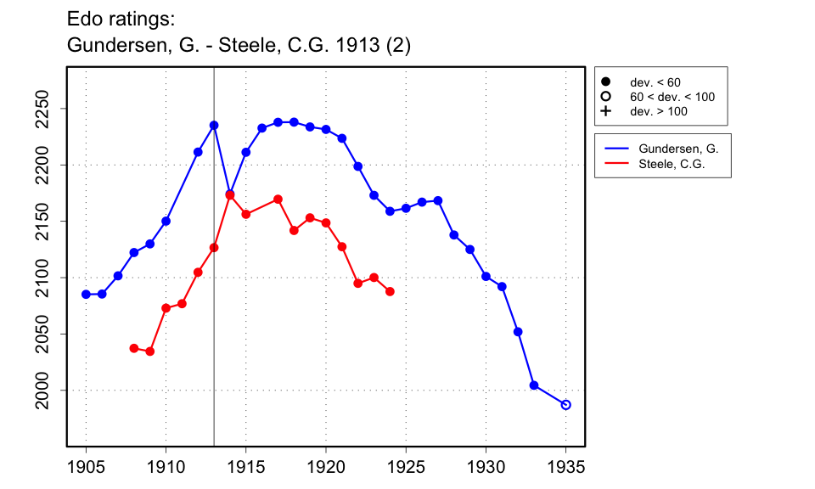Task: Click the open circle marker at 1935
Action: pyautogui.click(x=566, y=405)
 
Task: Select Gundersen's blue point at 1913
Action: pyautogui.click(x=214, y=125)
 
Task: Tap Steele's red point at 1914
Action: pyautogui.click(x=230, y=195)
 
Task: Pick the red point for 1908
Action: pyautogui.click(x=134, y=348)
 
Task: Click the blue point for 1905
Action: pyautogui.click(x=86, y=294)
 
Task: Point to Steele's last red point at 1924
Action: pyautogui.click(x=390, y=291)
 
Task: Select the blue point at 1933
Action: pyautogui.click(x=534, y=385)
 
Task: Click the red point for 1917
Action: pyautogui.click(x=278, y=199)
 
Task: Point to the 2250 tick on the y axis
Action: pyautogui.click(x=47, y=109)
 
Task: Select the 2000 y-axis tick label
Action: pyautogui.click(x=47, y=391)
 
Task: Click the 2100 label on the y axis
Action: pyautogui.click(x=47, y=278)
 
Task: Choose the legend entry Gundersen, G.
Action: pyautogui.click(x=678, y=149)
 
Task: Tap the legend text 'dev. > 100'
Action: pyautogui.click(x=658, y=111)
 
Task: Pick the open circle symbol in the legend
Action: pyautogui.click(x=606, y=97)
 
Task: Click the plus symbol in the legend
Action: pyautogui.click(x=606, y=111)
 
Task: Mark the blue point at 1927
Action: pyautogui.click(x=438, y=200)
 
